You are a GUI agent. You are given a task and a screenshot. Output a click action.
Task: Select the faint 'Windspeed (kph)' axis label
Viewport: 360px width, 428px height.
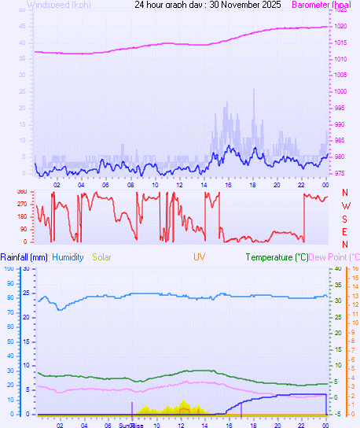tap(58, 5)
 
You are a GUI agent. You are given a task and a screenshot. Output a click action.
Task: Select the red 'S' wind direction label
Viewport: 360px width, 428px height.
tap(345, 219)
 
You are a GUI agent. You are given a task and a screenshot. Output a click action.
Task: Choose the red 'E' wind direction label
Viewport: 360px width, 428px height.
tap(345, 231)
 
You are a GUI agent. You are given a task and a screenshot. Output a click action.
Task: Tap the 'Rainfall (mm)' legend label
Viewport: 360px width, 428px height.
tap(24, 257)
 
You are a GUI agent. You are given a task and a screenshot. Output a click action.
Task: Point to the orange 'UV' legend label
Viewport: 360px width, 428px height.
tap(200, 257)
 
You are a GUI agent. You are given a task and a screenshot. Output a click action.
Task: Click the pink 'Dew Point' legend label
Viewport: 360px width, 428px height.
tap(334, 257)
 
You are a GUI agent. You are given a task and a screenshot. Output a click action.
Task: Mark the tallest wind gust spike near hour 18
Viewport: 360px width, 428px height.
tap(253, 90)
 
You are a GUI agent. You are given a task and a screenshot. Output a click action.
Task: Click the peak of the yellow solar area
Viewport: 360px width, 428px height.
tap(184, 400)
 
